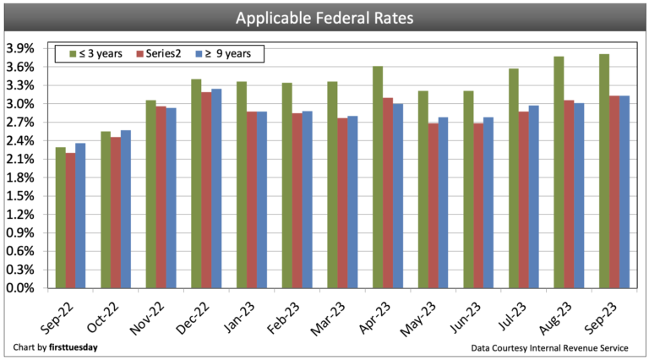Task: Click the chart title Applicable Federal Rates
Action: (x=324, y=17)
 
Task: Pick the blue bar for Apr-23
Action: (x=397, y=195)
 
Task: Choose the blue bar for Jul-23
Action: (x=533, y=196)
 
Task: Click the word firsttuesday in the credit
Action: (x=74, y=347)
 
